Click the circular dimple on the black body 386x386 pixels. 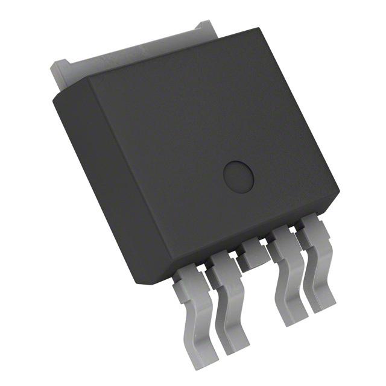point(239,176)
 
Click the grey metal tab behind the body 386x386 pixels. point(121,60)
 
